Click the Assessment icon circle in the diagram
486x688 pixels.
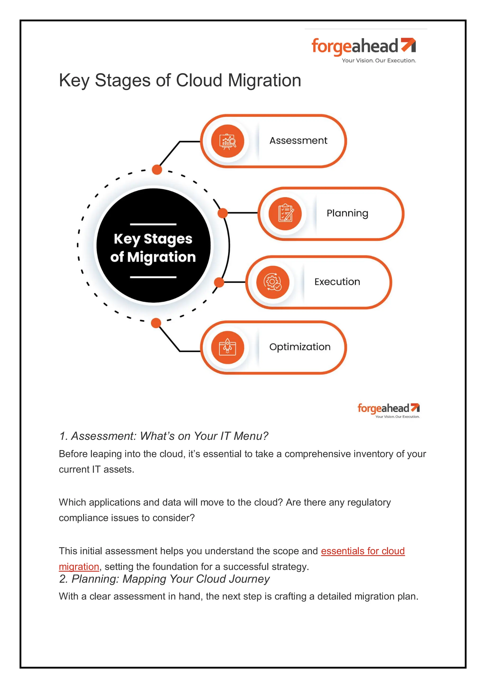(228, 141)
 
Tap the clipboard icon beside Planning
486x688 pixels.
(285, 214)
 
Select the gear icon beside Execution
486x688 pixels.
(272, 282)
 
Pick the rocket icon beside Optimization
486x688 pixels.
(228, 347)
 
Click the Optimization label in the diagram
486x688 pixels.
(300, 347)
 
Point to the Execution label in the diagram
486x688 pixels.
(337, 282)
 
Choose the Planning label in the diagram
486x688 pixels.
(347, 213)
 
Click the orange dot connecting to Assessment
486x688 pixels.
(157, 170)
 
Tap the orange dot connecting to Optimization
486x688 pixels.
(156, 323)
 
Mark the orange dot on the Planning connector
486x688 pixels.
(223, 213)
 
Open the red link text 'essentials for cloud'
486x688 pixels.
(363, 551)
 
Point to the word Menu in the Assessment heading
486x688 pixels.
(251, 436)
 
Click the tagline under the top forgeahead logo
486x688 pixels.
(379, 61)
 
